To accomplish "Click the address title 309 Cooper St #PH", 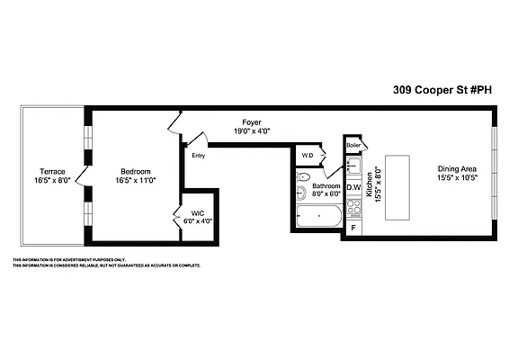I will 442,90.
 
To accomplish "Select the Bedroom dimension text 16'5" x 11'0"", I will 136,181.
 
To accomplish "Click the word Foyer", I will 252,121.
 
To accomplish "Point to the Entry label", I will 198,156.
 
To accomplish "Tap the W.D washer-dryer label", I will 307,156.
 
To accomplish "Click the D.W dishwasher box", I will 353,187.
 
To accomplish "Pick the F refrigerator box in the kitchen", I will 353,227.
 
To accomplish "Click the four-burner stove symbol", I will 353,209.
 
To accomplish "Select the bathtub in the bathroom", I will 318,217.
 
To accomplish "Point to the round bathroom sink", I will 300,175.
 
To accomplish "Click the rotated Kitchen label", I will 368,182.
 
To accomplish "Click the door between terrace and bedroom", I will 82,175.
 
